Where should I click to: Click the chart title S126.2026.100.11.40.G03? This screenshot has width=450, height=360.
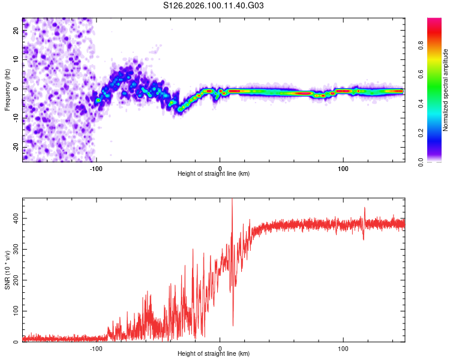point(214,6)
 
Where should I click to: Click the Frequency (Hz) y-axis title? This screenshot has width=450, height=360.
point(8,90)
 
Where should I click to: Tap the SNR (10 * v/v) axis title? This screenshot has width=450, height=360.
point(8,271)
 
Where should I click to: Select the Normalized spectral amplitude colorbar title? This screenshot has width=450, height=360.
point(445,90)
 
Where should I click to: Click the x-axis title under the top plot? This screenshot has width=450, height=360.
point(214,173)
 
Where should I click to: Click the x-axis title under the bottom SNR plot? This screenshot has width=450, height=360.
point(214,353)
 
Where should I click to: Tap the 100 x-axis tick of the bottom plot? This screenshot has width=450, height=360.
point(343,347)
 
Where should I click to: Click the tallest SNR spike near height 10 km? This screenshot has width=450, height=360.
point(232,201)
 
